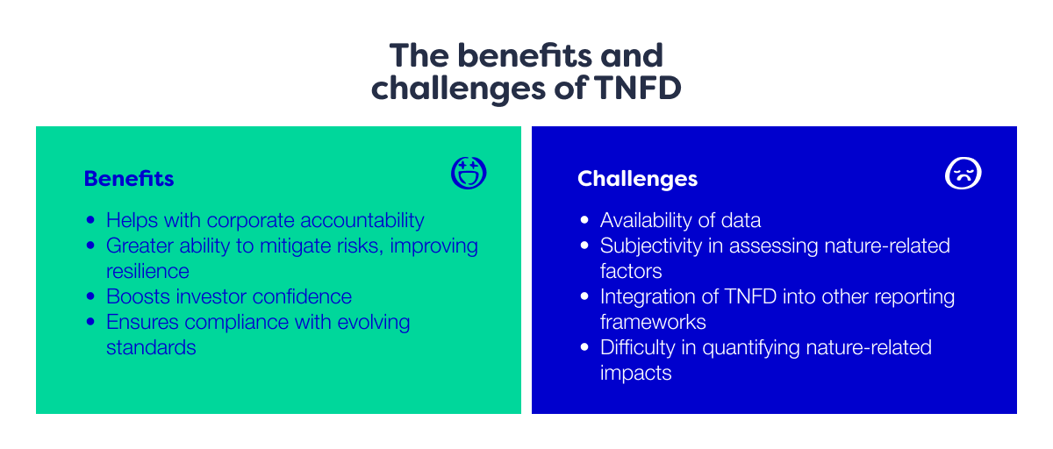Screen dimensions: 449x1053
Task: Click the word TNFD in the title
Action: point(639,89)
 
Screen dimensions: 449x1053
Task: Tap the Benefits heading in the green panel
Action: point(129,179)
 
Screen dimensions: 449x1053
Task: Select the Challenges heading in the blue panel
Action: point(637,179)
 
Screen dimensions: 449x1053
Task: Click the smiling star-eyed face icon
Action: point(469,174)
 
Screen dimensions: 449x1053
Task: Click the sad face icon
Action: point(963,174)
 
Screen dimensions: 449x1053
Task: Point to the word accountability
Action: point(355,220)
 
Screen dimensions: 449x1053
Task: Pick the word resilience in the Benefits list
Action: point(147,271)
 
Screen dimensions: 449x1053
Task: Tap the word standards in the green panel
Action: point(151,347)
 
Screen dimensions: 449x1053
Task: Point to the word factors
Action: point(631,271)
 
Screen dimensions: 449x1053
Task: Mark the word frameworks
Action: point(653,322)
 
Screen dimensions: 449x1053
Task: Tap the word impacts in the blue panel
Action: point(635,373)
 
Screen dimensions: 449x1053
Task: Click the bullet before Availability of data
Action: point(584,221)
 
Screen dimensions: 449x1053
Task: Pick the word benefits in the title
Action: point(511,55)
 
